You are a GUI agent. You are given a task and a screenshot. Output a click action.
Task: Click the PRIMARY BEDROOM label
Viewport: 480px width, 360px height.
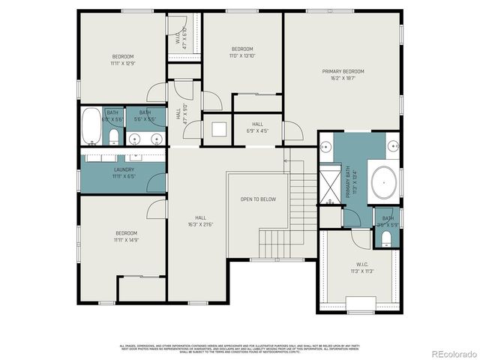[342, 71]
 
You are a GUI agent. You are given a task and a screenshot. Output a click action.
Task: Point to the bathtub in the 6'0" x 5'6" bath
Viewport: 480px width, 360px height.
[91, 125]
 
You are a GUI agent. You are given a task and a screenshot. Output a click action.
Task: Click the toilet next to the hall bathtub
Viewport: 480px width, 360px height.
[112, 137]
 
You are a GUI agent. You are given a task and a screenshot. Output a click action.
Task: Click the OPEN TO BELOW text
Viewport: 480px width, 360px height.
[257, 199]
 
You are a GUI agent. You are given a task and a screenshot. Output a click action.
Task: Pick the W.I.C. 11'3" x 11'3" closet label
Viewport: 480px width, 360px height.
[361, 268]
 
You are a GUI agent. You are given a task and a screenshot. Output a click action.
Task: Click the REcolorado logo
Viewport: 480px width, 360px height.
[451, 352]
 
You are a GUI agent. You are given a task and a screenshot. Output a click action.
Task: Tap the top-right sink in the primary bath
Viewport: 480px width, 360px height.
[391, 145]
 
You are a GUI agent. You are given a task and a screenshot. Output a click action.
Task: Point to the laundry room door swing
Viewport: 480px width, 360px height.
[157, 183]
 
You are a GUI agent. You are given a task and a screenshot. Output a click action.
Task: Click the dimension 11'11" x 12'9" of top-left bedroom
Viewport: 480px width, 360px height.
[123, 64]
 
